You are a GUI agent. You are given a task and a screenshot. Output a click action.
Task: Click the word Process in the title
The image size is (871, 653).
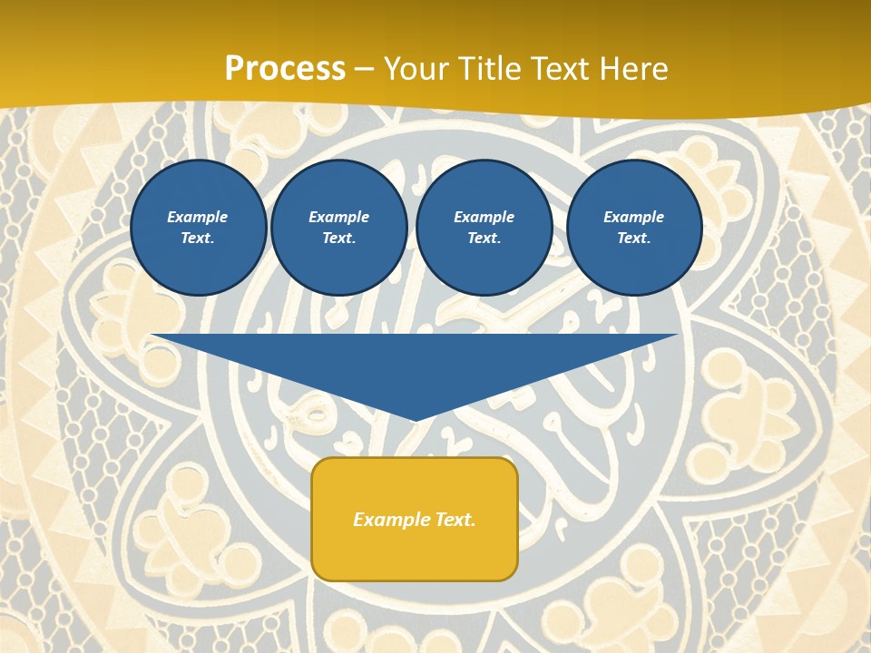point(285,69)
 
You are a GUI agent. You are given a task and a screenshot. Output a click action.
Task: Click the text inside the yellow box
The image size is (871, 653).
point(415,520)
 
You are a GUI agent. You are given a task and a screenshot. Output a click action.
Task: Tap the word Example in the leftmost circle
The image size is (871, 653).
point(198,217)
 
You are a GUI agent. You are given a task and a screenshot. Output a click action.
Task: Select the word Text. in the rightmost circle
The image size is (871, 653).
point(634,238)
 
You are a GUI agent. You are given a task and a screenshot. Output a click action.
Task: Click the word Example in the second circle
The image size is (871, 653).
point(339,217)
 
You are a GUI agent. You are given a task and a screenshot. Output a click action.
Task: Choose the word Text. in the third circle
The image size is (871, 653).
point(484,238)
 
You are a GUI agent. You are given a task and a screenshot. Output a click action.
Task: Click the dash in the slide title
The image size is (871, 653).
point(365,70)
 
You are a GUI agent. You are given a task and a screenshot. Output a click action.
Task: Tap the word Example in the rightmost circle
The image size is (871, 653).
point(634,217)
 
